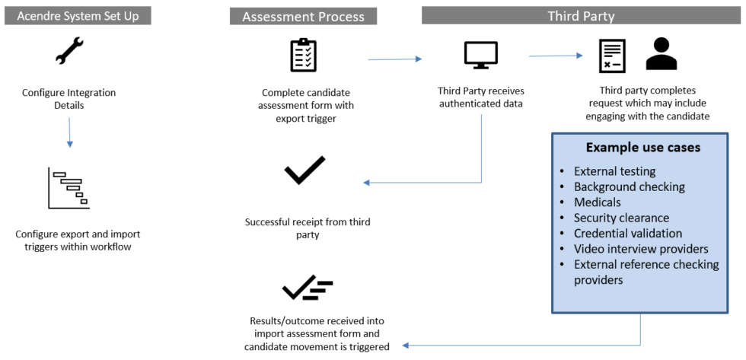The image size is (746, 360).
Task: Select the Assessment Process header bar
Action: coord(304,16)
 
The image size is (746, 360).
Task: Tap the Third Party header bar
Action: coord(581,15)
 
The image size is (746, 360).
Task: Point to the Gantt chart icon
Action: coord(69,187)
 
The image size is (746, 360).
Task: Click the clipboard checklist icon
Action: coord(303,55)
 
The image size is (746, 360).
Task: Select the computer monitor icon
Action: coord(481,55)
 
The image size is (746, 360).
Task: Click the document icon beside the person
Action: coord(612,56)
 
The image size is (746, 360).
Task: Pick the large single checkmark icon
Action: coord(304,170)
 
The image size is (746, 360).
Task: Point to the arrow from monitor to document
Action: coord(556,55)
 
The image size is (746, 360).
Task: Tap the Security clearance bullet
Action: coord(621,218)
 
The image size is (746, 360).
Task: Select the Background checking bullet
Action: coord(630,186)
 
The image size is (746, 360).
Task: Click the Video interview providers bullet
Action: coord(641,249)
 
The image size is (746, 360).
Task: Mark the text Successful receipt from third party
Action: coord(308,229)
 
